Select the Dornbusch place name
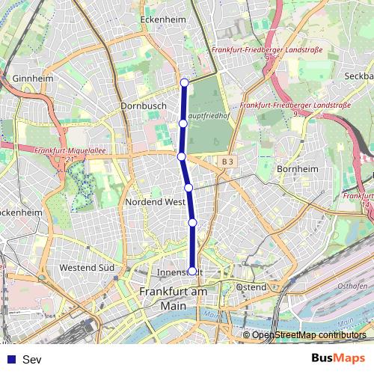[x=143, y=106]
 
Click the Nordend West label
[x=156, y=202]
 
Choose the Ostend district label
[x=251, y=286]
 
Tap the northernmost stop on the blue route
[x=184, y=82]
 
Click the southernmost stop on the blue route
[x=192, y=271]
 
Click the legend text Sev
[x=32, y=360]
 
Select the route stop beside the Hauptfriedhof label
[x=183, y=123]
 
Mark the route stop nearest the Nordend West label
[x=188, y=188]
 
